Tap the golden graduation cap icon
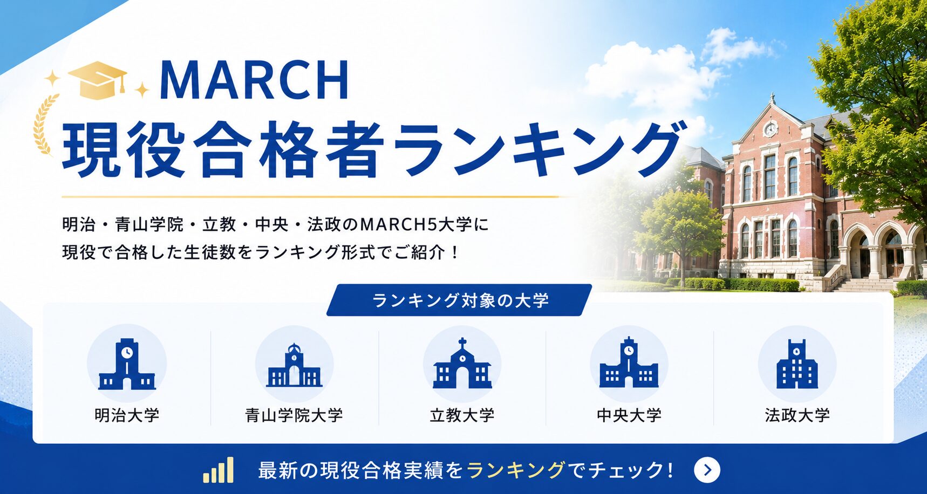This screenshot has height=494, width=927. (98, 79)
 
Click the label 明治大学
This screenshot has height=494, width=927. (127, 415)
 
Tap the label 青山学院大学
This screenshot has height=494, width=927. (294, 415)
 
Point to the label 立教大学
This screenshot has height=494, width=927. (462, 415)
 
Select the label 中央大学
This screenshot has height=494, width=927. (629, 415)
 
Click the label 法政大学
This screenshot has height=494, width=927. (797, 415)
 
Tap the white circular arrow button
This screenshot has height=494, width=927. (707, 470)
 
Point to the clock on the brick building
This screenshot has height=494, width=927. (771, 129)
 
